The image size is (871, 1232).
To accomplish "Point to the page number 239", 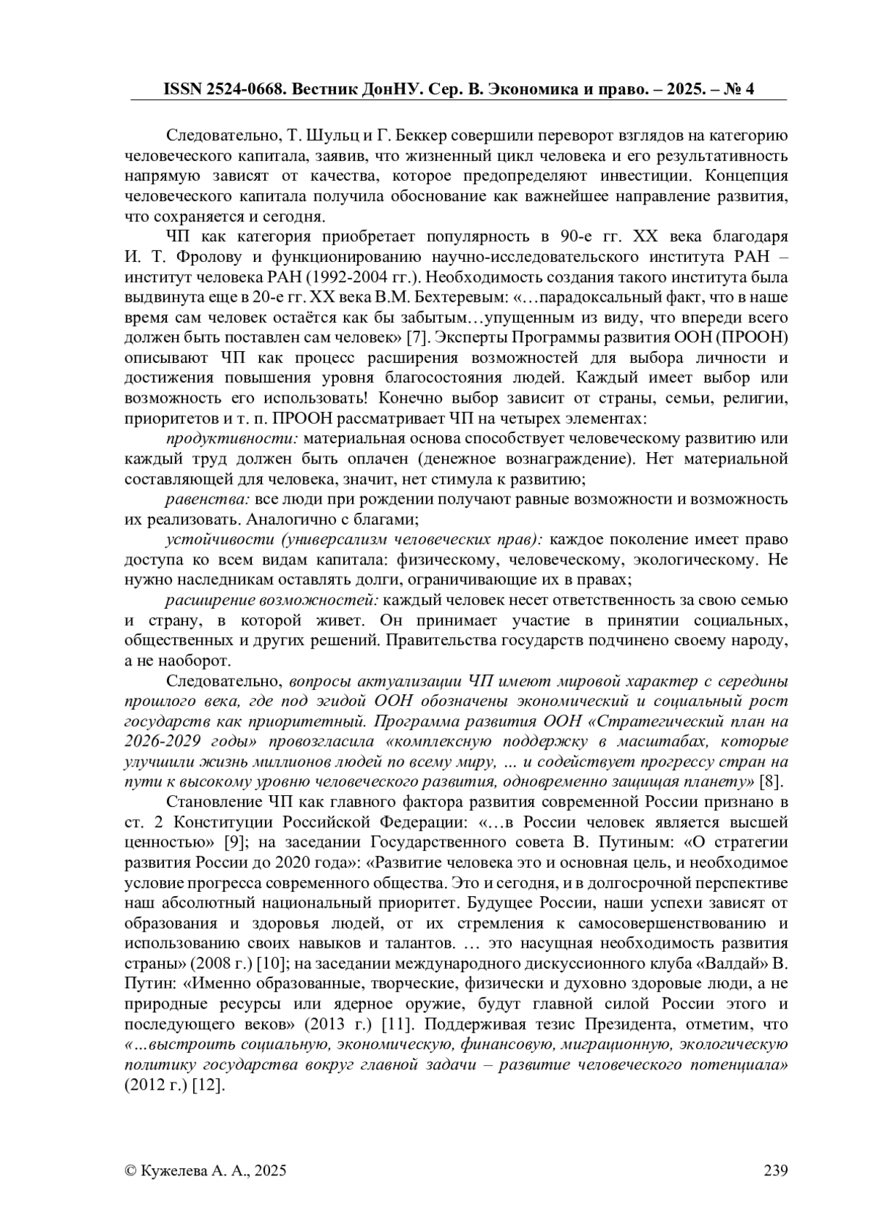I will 775,1170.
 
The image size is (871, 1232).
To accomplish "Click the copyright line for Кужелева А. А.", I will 205,1170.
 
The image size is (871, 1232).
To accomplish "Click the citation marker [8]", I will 769,782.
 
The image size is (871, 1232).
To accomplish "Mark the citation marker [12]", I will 210,1085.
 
